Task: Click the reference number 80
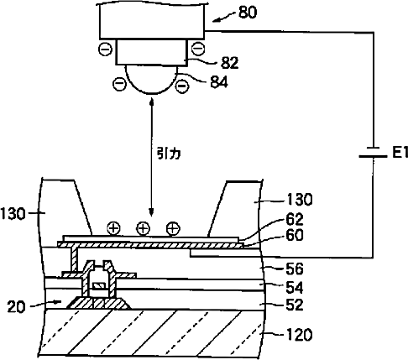click(248, 13)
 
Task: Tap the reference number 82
click(230, 63)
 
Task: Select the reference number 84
click(219, 82)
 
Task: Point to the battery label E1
click(400, 153)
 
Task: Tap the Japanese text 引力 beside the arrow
click(169, 154)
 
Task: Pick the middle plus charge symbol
click(143, 228)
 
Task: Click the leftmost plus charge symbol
click(113, 228)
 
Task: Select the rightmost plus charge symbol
click(173, 228)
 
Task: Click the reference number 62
click(295, 219)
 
